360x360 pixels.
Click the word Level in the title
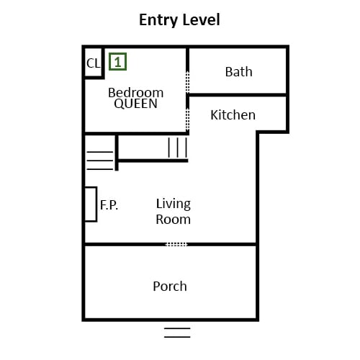(200, 19)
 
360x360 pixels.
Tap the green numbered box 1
(117, 62)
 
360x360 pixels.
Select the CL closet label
(94, 63)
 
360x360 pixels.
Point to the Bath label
(239, 72)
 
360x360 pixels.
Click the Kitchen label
(233, 115)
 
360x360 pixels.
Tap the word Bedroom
(136, 93)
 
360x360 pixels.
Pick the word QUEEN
(136, 104)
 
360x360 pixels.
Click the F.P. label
(109, 205)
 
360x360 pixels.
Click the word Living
(174, 204)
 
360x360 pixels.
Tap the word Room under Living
(174, 220)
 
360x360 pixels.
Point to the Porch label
(170, 287)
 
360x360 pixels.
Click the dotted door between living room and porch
(176, 244)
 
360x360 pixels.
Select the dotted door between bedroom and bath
(188, 82)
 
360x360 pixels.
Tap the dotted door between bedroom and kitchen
(188, 120)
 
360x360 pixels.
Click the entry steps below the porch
(177, 333)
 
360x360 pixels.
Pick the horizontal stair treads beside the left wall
(100, 161)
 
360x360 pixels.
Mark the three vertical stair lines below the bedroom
(178, 148)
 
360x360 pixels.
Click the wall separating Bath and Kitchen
(238, 95)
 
